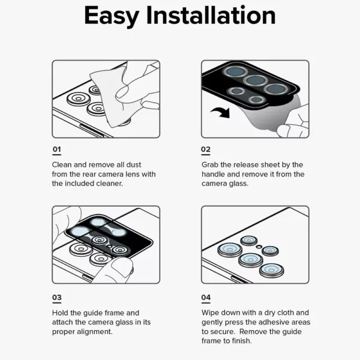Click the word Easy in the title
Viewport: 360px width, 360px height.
coord(112,16)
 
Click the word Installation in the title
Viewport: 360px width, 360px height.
coord(211,15)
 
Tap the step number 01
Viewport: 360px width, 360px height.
coord(57,149)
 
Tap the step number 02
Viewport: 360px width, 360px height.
coord(206,149)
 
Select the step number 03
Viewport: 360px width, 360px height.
coord(57,298)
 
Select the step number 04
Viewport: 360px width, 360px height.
coord(206,298)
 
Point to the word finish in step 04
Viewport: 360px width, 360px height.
coord(242,341)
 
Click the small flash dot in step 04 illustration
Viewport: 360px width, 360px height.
coord(259,247)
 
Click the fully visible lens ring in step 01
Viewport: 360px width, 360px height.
coord(78,99)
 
